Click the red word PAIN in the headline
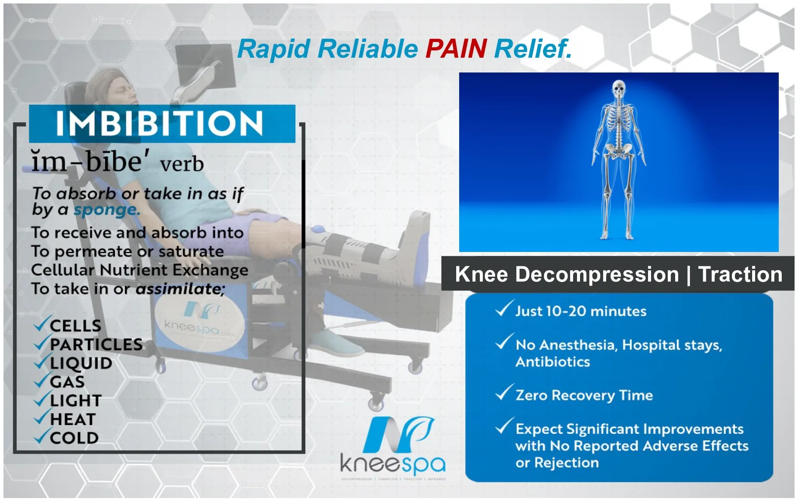(x=456, y=49)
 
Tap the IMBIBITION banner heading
(x=159, y=123)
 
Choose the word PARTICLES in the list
(x=96, y=344)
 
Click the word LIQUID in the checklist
(x=81, y=363)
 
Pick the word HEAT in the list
(x=72, y=419)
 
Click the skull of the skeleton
(x=618, y=90)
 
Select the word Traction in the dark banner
(x=740, y=275)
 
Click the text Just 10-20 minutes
(x=580, y=311)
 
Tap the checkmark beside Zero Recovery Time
(x=504, y=393)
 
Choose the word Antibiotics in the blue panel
(x=552, y=362)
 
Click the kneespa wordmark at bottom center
(x=393, y=464)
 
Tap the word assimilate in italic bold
(x=180, y=288)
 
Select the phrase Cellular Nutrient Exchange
(x=140, y=270)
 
